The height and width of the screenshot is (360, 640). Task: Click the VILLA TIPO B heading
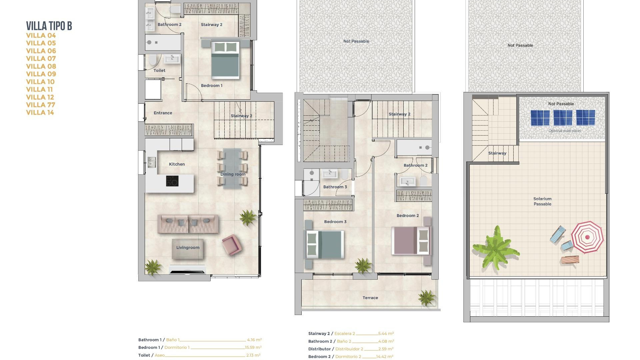(x=49, y=26)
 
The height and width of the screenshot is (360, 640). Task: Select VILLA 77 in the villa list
(x=41, y=105)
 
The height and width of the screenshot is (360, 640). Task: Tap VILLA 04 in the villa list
(x=41, y=35)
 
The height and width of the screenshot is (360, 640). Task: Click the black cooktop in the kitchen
(x=172, y=181)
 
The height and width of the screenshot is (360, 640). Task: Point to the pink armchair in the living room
(x=231, y=245)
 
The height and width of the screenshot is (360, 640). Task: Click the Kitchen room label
(x=177, y=164)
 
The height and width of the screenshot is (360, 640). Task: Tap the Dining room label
(x=233, y=174)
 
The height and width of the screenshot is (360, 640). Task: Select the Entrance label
(x=163, y=113)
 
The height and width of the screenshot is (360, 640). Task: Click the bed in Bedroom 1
(x=226, y=60)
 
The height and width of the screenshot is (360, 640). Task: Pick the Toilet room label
(x=159, y=70)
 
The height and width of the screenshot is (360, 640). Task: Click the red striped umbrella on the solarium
(x=587, y=237)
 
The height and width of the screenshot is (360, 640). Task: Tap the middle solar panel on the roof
(x=563, y=118)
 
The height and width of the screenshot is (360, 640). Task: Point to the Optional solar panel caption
(x=564, y=131)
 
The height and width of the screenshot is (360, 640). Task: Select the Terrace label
(x=370, y=298)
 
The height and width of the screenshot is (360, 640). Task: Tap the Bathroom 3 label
(x=335, y=187)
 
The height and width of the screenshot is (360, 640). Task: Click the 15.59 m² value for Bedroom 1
(x=253, y=347)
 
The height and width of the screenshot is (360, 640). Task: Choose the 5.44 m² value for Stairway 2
(x=386, y=333)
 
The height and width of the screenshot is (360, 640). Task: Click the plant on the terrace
(x=426, y=297)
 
